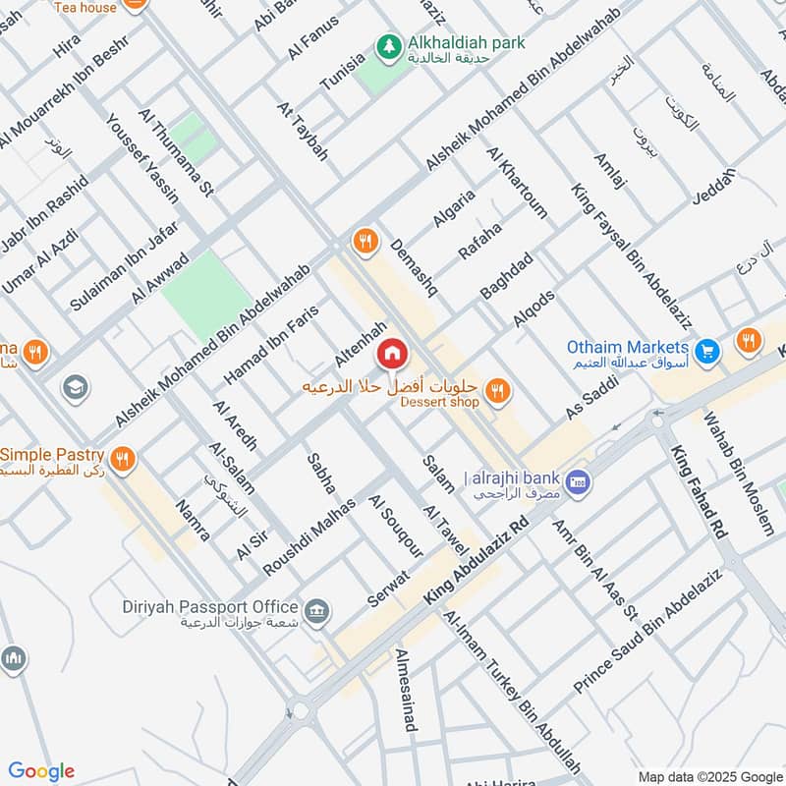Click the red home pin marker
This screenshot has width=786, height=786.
[392, 352]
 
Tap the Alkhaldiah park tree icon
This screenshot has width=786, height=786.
[390, 45]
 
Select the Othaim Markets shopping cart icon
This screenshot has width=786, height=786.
[705, 350]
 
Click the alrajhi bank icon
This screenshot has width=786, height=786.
[579, 481]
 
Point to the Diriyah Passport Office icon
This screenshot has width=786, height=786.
[316, 612]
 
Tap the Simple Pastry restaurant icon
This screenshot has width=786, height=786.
[123, 458]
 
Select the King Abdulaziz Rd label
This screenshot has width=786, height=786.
[477, 562]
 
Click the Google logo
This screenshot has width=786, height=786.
[41, 771]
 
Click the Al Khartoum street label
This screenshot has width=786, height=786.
[517, 182]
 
